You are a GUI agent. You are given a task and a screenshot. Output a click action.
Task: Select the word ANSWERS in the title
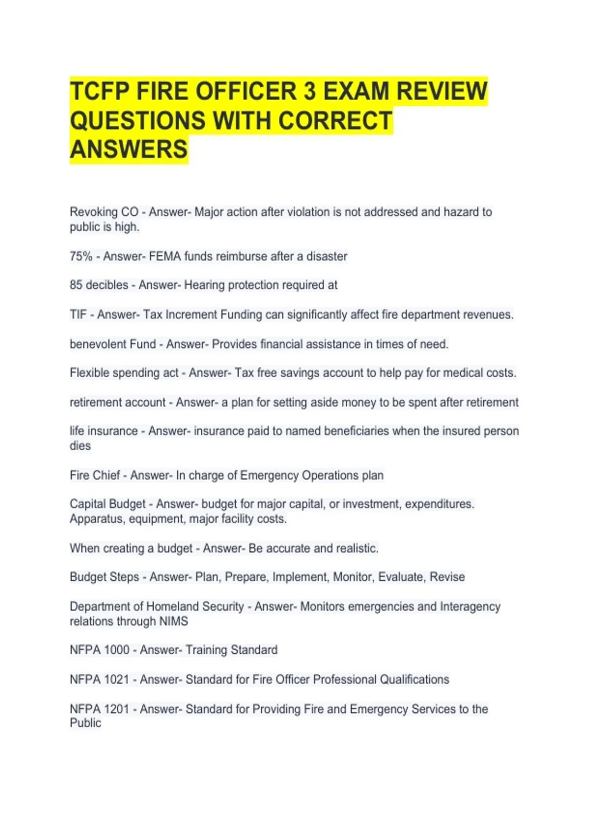tap(129, 149)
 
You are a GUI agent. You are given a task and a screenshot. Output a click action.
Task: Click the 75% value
tap(81, 256)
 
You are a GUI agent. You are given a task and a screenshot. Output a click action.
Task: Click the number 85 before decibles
tap(76, 285)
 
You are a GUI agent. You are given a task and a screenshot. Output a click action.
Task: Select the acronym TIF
tap(78, 314)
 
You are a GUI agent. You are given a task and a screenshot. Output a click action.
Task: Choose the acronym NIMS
tap(173, 621)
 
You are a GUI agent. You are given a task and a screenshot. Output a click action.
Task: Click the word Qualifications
tap(414, 679)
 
